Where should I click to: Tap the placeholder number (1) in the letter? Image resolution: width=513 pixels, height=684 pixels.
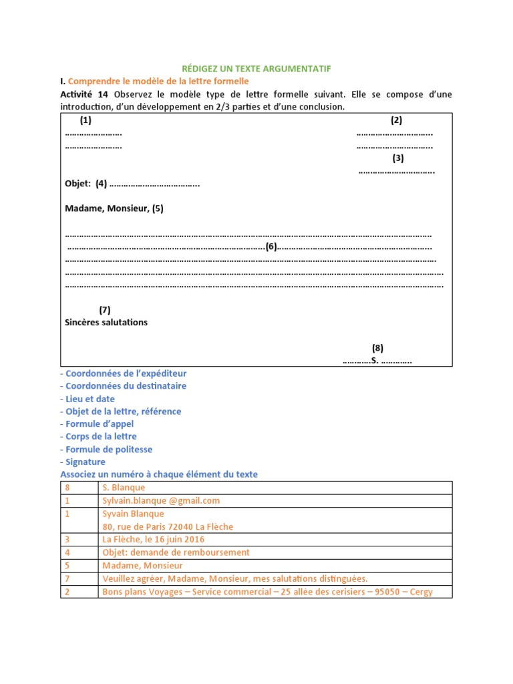85,121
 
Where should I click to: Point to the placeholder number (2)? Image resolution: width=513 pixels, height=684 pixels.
397,121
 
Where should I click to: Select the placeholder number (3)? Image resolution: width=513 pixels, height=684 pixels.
398,158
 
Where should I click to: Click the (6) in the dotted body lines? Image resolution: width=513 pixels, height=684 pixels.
271,246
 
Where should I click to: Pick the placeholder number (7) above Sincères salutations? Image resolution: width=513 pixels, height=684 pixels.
104,310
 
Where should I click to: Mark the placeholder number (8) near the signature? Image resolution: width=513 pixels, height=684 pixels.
378,348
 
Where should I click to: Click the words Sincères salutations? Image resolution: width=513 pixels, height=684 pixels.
106,323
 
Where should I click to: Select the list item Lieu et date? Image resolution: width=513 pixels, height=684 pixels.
88,399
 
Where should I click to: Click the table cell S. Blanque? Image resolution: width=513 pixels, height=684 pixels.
124,488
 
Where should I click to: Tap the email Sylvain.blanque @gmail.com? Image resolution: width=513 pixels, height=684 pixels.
161,500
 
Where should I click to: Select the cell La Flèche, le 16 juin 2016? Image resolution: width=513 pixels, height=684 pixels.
154,539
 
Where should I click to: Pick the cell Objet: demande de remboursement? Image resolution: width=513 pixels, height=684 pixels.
176,552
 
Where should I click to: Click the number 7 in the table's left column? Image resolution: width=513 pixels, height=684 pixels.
67,578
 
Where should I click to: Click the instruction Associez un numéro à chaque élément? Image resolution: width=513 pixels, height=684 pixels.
159,474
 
